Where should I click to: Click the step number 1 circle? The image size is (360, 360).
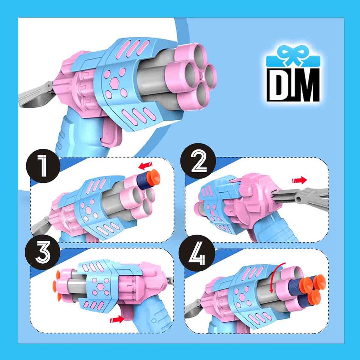pos(43,166)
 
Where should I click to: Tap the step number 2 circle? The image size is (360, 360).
pos(198,161)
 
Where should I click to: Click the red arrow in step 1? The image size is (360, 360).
pos(146,165)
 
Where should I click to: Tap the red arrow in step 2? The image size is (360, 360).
pos(300,180)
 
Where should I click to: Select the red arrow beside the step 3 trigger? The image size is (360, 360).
pos(117,319)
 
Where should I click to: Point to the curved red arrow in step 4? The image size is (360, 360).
pos(276,277)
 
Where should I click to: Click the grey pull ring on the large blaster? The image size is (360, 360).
pos(37,95)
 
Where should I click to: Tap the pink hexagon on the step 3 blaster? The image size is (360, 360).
pos(100,287)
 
